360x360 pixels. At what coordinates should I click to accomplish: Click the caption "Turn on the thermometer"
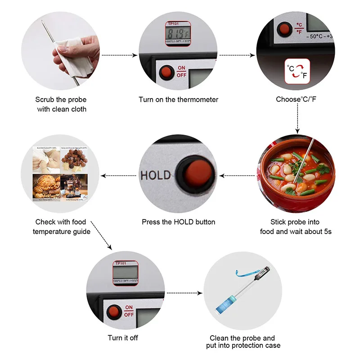tap(178, 99)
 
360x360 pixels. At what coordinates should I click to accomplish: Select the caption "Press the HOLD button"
tap(179, 222)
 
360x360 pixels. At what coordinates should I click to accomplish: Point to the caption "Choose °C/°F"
tap(296, 99)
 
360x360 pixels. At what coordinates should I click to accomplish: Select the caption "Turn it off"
tap(123, 338)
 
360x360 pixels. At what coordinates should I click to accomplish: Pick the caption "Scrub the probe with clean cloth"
tap(61, 104)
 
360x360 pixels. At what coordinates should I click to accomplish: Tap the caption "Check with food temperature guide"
tap(61, 227)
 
